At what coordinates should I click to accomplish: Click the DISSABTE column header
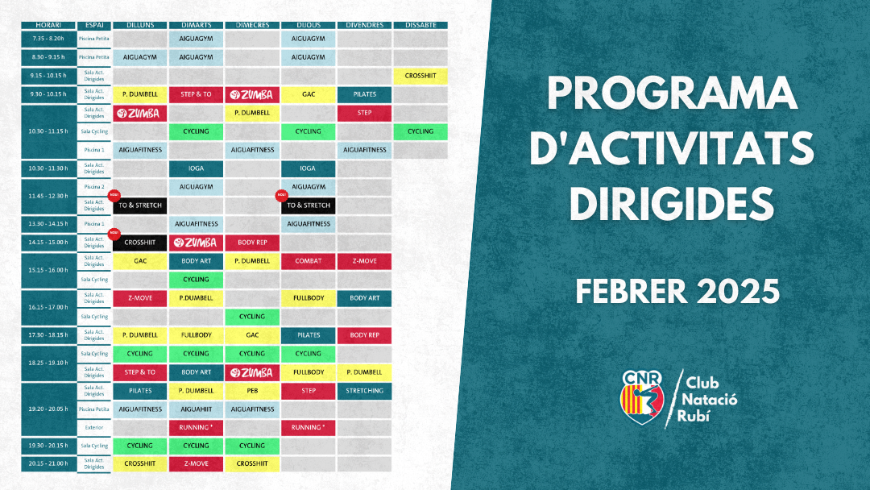pyautogui.click(x=420, y=25)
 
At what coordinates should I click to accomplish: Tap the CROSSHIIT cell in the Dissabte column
pyautogui.click(x=420, y=76)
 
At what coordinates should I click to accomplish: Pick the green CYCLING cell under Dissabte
pyautogui.click(x=420, y=131)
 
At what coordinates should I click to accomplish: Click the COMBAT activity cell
pyautogui.click(x=309, y=261)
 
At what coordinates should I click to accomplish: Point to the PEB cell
pyautogui.click(x=252, y=391)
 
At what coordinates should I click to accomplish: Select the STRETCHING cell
pyautogui.click(x=364, y=391)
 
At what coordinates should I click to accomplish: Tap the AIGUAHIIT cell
pyautogui.click(x=196, y=409)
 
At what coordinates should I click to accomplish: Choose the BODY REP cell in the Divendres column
pyautogui.click(x=364, y=335)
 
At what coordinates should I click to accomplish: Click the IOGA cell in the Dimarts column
pyautogui.click(x=196, y=168)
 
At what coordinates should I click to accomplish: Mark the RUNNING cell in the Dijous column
pyautogui.click(x=309, y=427)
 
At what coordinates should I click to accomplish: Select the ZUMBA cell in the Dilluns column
pyautogui.click(x=140, y=113)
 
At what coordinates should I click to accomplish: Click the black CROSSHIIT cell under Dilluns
pyautogui.click(x=140, y=243)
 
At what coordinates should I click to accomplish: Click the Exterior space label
pyautogui.click(x=94, y=427)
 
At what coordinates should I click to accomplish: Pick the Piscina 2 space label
pyautogui.click(x=94, y=187)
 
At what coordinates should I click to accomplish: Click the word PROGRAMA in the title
pyautogui.click(x=672, y=95)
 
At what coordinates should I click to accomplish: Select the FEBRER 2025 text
pyautogui.click(x=677, y=291)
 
